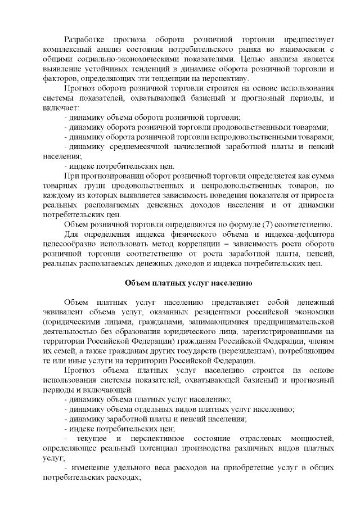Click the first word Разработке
coord(84,39)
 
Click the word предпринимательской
coord(295,322)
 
